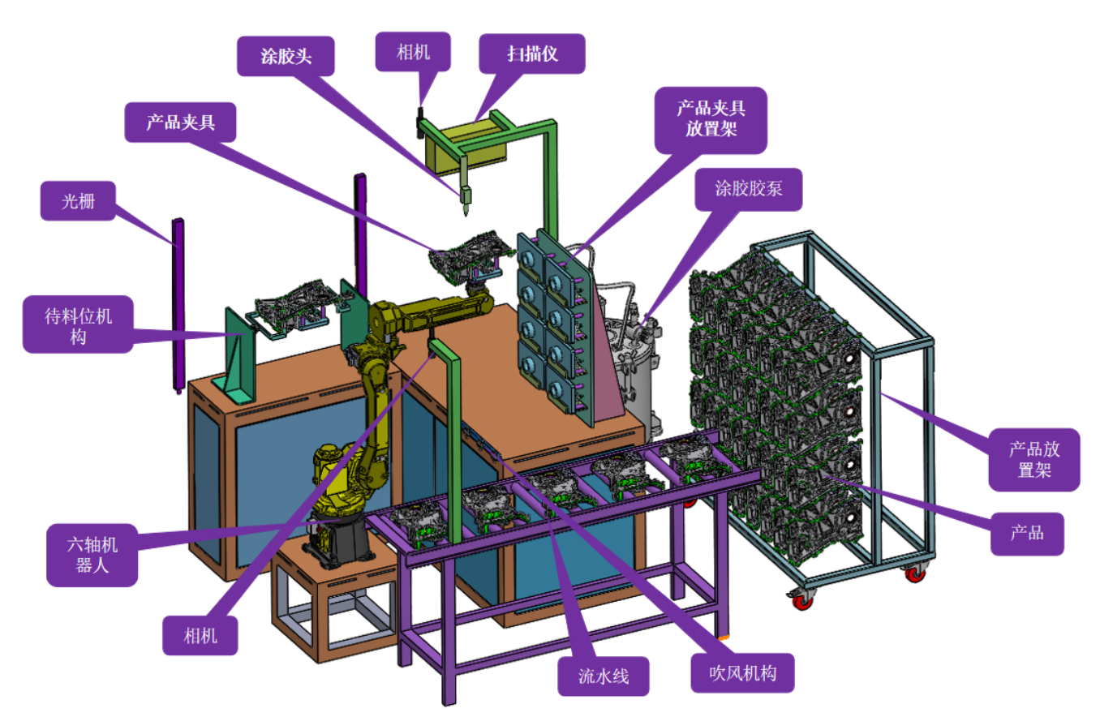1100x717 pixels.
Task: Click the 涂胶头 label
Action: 286,56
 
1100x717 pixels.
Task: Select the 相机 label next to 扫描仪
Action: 414,53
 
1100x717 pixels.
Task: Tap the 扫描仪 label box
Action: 532,54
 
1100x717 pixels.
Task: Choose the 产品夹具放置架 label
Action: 711,118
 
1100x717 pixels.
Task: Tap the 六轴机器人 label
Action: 92,556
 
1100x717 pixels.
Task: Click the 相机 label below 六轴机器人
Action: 201,635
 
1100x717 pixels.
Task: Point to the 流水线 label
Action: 604,676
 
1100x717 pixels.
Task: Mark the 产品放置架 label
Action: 1033,459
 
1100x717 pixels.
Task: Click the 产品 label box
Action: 1026,533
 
